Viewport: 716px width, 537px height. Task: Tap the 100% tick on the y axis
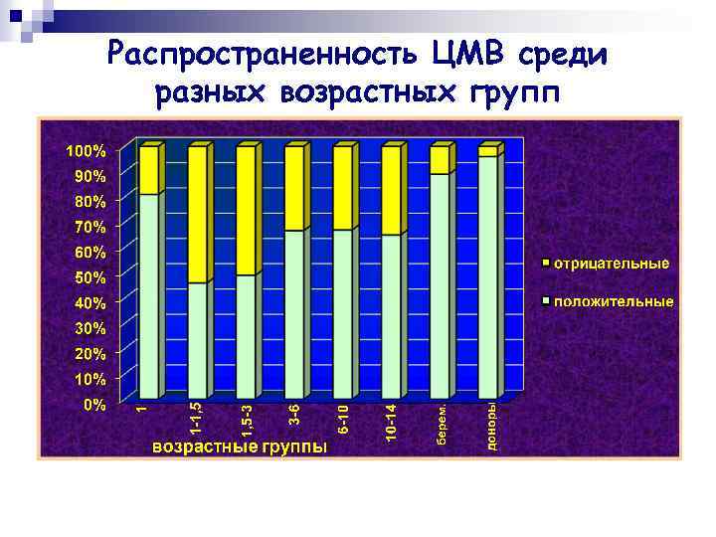pyautogui.click(x=86, y=151)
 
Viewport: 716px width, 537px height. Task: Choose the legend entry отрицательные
pyautogui.click(x=611, y=265)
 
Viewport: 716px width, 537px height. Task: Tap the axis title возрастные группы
pyautogui.click(x=239, y=447)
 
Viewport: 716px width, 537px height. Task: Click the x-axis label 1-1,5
pyautogui.click(x=197, y=419)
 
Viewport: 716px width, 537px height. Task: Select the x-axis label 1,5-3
pyautogui.click(x=249, y=419)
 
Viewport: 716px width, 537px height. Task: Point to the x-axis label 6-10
pyautogui.click(x=343, y=418)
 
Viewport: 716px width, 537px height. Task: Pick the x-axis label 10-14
pyautogui.click(x=392, y=422)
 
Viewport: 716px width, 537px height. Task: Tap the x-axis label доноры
pyautogui.click(x=491, y=425)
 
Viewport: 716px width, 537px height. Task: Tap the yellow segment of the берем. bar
pyautogui.click(x=440, y=160)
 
